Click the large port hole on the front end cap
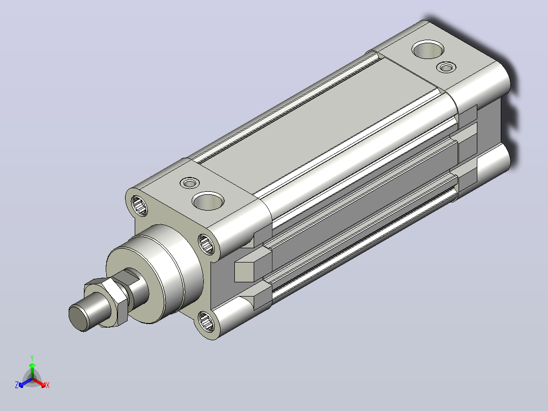tap(208, 201)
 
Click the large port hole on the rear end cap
tap(428, 49)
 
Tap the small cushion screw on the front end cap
tap(190, 183)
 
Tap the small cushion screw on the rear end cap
tap(447, 67)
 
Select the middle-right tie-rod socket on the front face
tap(207, 244)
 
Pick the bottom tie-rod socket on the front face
tap(206, 320)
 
